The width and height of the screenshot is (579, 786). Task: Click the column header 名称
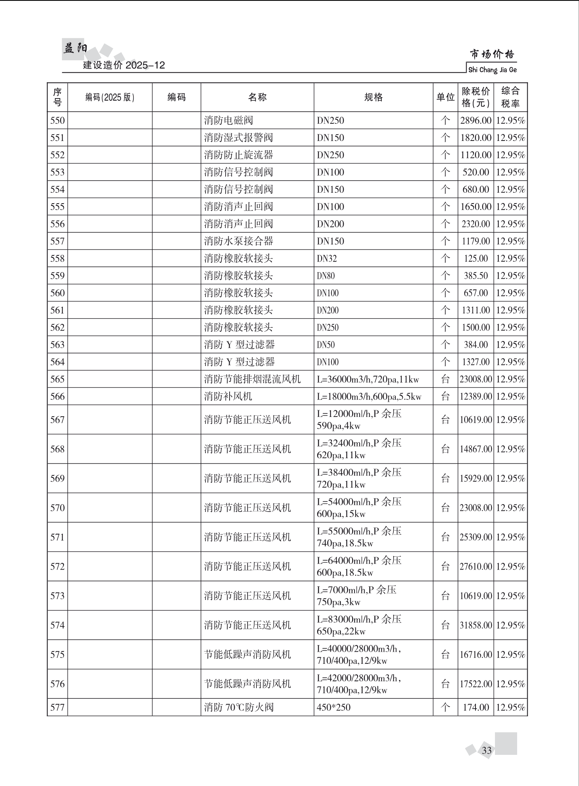click(x=257, y=97)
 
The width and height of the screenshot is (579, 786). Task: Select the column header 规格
click(x=373, y=97)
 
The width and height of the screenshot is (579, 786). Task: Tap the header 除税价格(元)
click(x=475, y=97)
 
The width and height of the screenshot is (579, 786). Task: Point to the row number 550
click(x=58, y=121)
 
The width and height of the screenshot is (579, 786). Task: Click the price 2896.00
click(x=475, y=121)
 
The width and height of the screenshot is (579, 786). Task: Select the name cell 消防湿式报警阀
click(x=239, y=138)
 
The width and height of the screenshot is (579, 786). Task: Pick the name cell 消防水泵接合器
click(x=239, y=241)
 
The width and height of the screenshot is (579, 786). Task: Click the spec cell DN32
click(x=327, y=258)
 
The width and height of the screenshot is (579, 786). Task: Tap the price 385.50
click(x=475, y=276)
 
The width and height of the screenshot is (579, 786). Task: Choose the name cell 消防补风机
click(x=228, y=397)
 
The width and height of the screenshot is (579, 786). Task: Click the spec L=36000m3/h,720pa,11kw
click(x=368, y=379)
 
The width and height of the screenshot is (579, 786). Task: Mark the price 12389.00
click(x=475, y=397)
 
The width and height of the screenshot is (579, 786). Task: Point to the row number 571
click(x=58, y=537)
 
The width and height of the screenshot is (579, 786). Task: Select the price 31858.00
click(x=475, y=625)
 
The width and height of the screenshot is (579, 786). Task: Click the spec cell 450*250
click(x=333, y=707)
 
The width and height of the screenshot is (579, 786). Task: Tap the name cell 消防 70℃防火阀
click(x=239, y=707)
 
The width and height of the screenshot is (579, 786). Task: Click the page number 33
click(x=486, y=750)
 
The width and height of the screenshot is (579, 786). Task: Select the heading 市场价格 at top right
click(x=492, y=54)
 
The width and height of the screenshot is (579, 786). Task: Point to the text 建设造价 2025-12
click(x=124, y=65)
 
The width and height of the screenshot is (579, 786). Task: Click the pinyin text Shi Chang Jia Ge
click(x=492, y=70)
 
